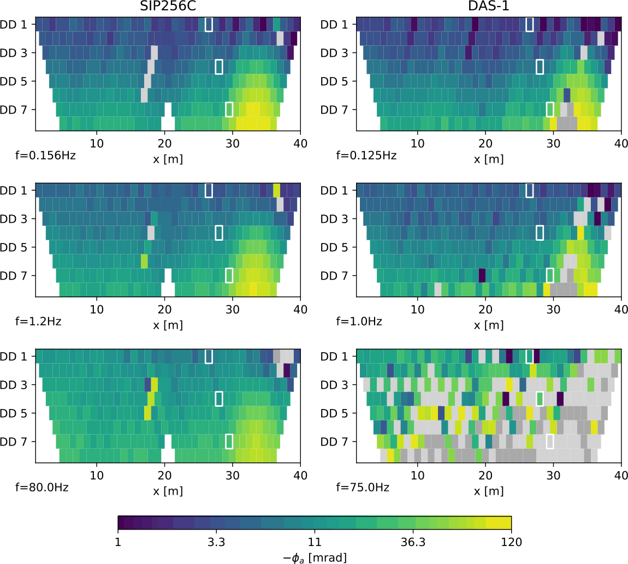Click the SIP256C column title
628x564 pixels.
(x=168, y=6)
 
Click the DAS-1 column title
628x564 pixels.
(x=489, y=6)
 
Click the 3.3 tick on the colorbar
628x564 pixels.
(x=217, y=542)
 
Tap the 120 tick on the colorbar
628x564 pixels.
(x=511, y=542)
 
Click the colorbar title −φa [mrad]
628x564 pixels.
(x=315, y=557)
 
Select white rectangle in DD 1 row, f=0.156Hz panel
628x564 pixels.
(x=209, y=25)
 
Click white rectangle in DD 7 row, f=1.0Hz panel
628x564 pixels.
(x=550, y=275)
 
